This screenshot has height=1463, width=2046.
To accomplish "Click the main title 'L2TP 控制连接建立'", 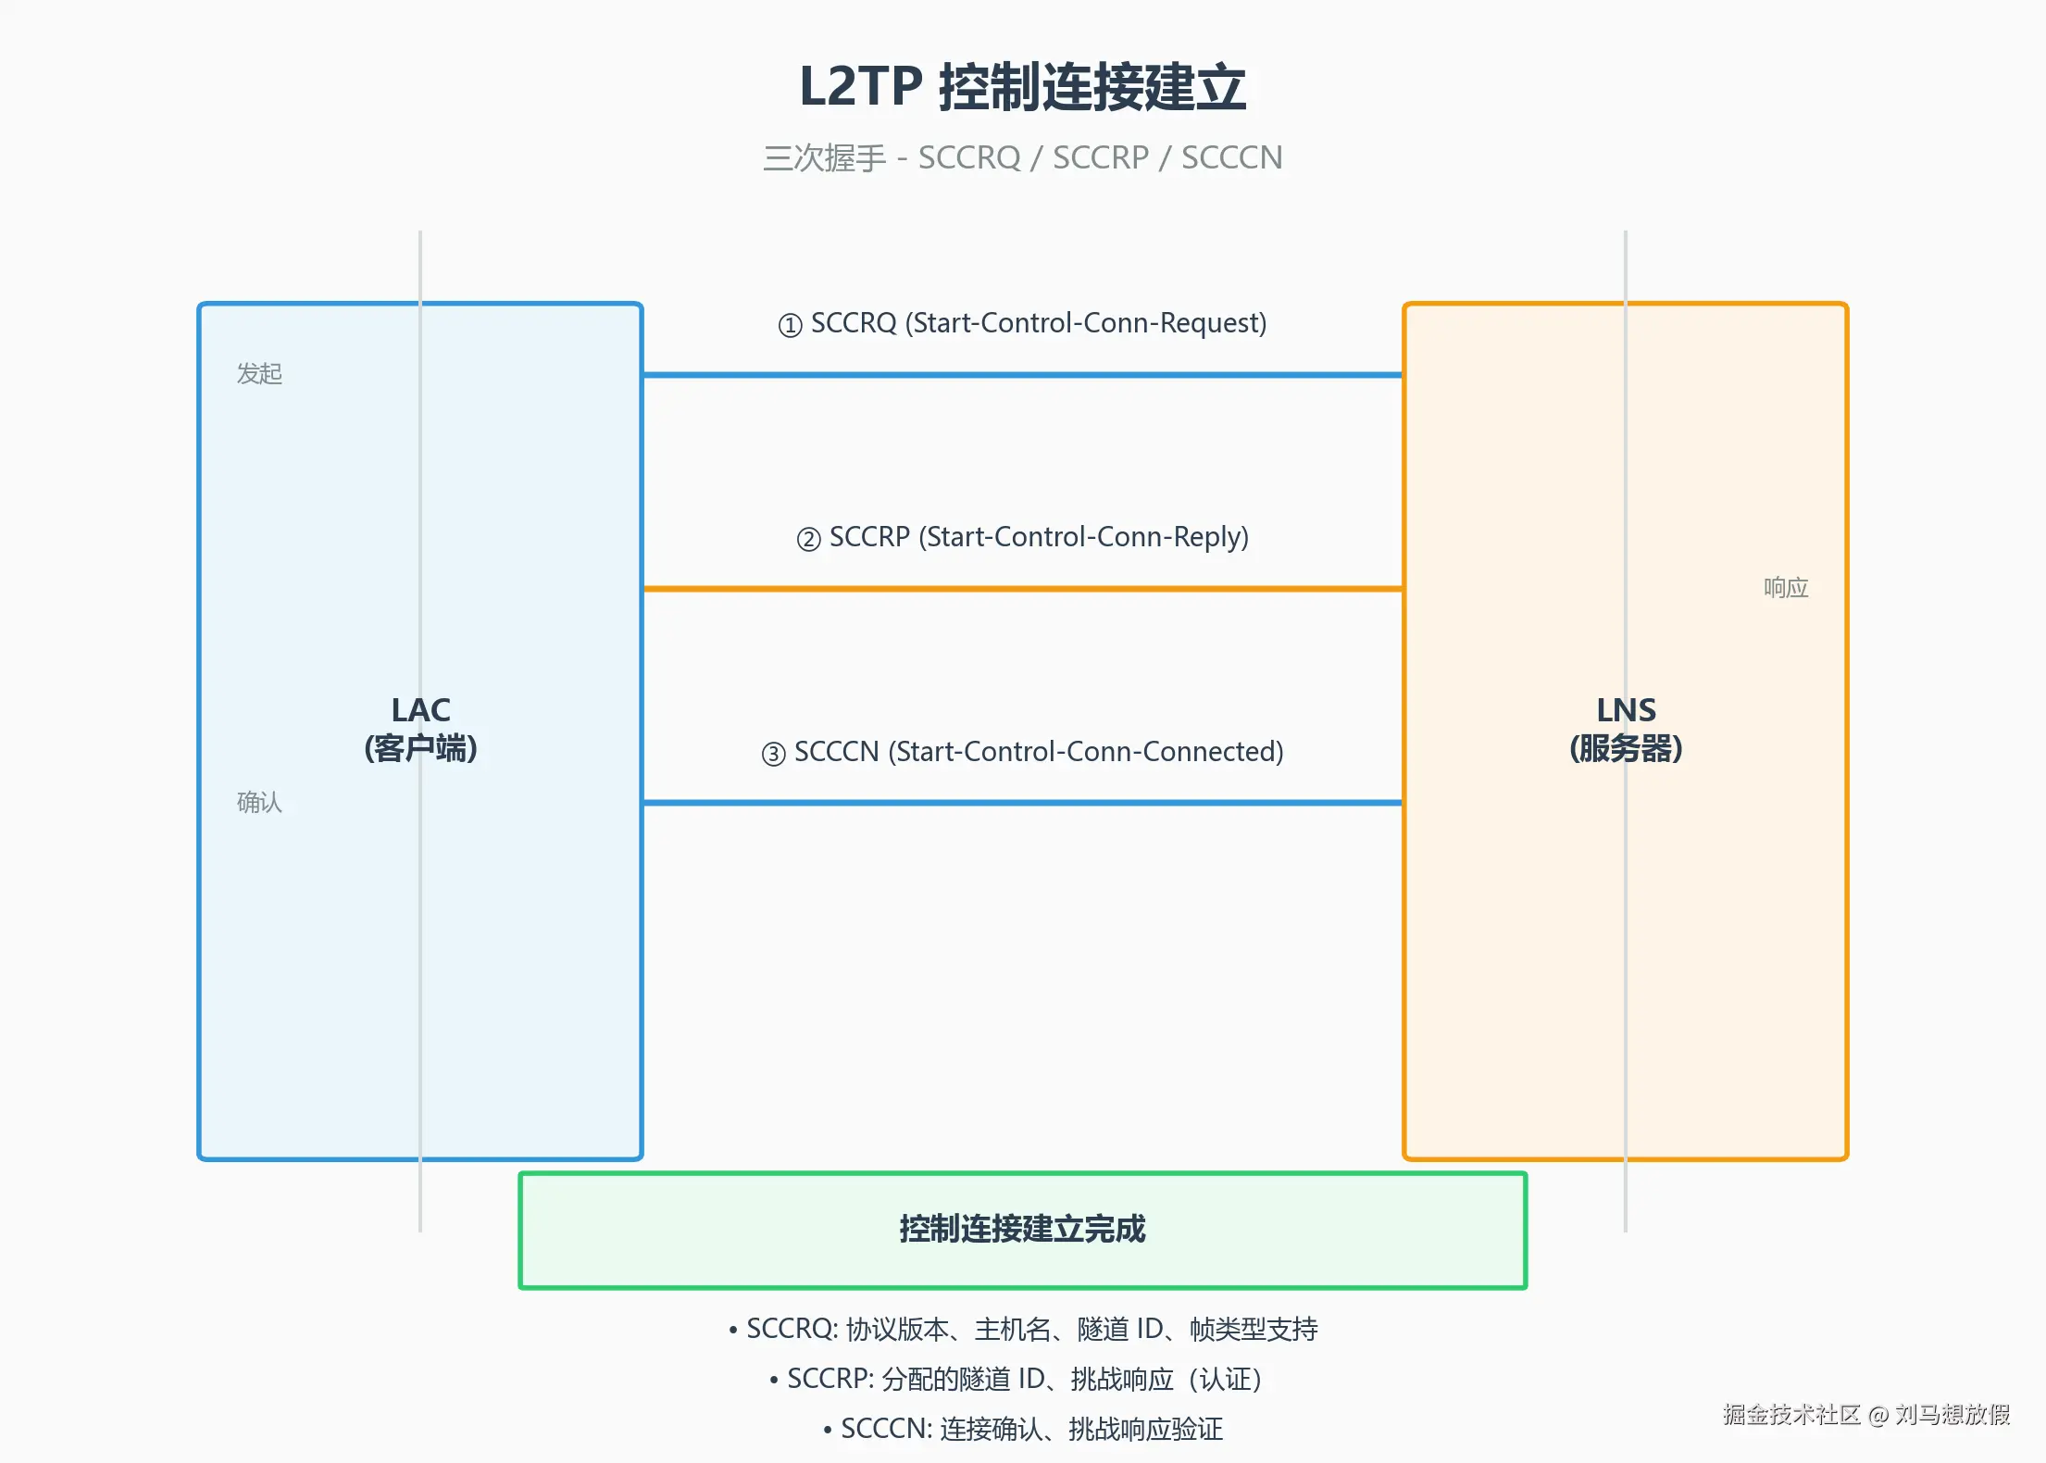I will [x=1022, y=87].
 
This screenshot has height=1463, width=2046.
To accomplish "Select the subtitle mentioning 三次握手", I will [x=1022, y=158].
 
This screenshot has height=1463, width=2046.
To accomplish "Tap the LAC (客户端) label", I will [x=420, y=730].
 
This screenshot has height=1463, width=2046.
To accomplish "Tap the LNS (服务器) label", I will [x=1626, y=730].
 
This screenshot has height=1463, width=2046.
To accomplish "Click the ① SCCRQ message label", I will [x=1022, y=323].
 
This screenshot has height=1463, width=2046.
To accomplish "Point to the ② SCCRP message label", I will [x=1022, y=537].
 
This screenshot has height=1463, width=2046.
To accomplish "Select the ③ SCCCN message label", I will [x=1022, y=752].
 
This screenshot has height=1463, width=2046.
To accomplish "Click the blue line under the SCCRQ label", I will [x=1022, y=375].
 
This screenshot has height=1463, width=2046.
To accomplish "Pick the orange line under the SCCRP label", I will [x=1022, y=589].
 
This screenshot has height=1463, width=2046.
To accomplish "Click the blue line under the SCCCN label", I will [x=1022, y=803].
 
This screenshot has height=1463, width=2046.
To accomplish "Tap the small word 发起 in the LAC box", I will [x=259, y=374].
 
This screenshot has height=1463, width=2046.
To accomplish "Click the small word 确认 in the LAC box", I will [x=259, y=802].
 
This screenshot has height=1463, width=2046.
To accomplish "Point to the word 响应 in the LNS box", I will [x=1786, y=588].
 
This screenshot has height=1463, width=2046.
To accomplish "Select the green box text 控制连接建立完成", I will [x=1022, y=1229].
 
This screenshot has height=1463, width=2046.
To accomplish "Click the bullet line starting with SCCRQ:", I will [x=1022, y=1330].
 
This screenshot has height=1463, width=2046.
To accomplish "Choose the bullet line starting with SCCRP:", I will [x=1022, y=1380].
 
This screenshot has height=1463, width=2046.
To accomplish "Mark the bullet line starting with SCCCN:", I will [x=1022, y=1430].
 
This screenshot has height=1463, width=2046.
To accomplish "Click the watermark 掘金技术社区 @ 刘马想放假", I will [x=1866, y=1414].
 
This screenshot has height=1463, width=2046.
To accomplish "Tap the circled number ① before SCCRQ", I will [x=790, y=326].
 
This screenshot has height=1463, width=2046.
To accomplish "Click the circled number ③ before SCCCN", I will [x=773, y=754].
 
